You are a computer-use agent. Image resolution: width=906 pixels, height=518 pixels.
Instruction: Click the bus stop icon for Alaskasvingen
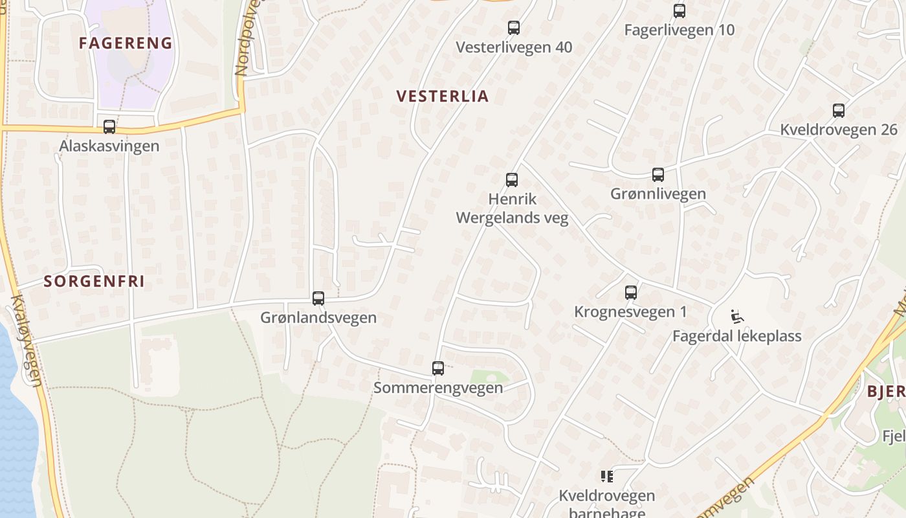109,126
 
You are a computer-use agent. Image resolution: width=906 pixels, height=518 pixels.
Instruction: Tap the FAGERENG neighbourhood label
126,43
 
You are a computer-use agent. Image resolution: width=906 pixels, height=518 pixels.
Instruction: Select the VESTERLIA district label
443,96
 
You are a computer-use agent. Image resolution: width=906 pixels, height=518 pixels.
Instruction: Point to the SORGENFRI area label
94,281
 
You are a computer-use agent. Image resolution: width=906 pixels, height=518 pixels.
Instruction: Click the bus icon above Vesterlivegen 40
514,28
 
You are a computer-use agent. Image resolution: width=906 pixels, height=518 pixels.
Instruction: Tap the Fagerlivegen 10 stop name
679,30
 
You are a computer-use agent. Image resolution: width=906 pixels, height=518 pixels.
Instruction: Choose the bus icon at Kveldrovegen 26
839,111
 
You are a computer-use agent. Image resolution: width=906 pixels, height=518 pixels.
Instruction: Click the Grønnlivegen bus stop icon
658,175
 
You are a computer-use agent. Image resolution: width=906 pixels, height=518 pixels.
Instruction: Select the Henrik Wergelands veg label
513,208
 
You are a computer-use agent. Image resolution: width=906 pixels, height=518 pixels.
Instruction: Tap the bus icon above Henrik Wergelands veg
512,180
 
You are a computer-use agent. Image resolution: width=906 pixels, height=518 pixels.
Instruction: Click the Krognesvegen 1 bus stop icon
631,293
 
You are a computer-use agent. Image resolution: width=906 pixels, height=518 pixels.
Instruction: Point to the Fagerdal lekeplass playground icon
737,317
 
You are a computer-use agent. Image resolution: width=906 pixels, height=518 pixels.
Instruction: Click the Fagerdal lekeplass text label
737,336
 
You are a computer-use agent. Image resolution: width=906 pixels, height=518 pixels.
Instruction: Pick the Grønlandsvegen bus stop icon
318,298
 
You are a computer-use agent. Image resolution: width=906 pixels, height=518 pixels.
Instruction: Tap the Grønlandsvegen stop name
318,318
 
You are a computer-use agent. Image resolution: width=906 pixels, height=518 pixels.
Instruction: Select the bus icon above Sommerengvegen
438,368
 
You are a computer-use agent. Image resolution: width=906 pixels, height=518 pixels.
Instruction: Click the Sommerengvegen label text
438,388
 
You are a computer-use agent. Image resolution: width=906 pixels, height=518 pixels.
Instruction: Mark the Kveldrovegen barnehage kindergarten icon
607,477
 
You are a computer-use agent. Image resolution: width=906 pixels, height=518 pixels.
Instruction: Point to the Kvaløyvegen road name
27,340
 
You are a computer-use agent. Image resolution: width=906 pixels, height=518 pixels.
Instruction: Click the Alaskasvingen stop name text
109,146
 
